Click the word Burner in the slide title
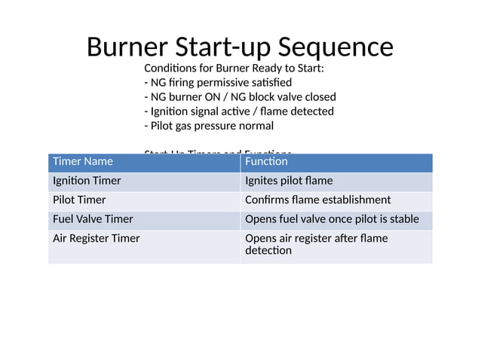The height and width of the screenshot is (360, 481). tap(127, 47)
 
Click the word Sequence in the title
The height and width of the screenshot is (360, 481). tap(335, 47)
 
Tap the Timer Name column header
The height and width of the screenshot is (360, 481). tap(83, 161)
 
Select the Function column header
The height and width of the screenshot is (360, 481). tap(266, 161)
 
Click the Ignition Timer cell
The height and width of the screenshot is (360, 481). tap(87, 182)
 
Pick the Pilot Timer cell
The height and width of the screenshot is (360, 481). tap(79, 200)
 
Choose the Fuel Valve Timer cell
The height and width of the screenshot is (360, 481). tap(93, 219)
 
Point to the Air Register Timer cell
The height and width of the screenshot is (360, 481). tap(96, 239)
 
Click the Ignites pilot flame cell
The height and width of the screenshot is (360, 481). tap(289, 182)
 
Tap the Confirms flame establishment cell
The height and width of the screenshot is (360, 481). tap(318, 200)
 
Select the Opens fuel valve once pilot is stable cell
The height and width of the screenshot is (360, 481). tap(332, 219)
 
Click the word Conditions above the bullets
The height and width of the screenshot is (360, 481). tap(170, 68)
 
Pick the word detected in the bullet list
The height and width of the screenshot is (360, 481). tap(313, 111)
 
